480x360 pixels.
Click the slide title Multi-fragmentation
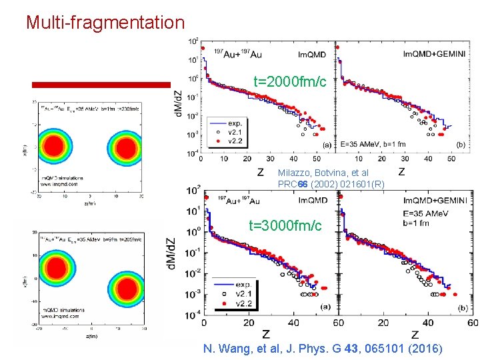105,23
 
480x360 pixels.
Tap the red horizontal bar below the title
101,85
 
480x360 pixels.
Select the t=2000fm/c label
290,82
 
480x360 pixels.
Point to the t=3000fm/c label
285,225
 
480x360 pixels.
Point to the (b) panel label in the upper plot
460,144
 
